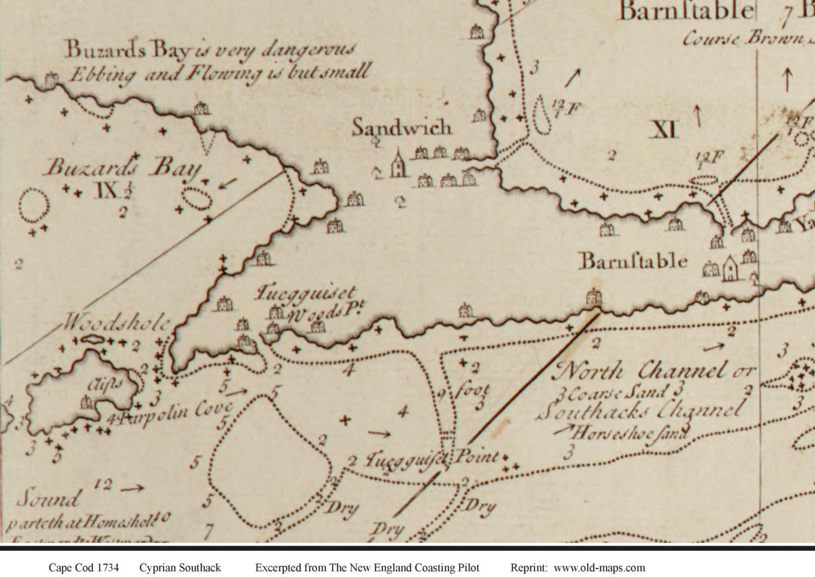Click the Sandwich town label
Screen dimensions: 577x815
click(x=402, y=128)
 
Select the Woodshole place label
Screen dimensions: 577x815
click(x=117, y=323)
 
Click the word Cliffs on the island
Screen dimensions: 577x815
click(x=105, y=385)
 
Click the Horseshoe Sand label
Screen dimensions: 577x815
click(x=630, y=433)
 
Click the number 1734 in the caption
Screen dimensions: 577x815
click(x=108, y=568)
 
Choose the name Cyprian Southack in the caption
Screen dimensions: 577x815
click(x=180, y=568)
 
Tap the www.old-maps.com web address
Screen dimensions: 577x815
click(x=599, y=568)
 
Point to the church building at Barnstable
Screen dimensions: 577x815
click(x=731, y=268)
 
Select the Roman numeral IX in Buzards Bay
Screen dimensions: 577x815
click(x=106, y=190)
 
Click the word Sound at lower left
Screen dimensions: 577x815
click(x=48, y=498)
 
